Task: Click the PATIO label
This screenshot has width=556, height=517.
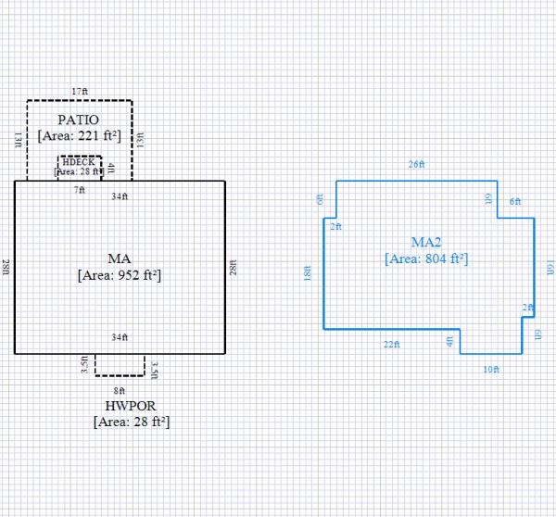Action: tap(80, 120)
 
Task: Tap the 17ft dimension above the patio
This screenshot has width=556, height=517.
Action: tap(80, 92)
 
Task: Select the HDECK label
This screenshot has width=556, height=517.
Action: tap(78, 162)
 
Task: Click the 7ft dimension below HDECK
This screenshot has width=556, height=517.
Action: tap(80, 189)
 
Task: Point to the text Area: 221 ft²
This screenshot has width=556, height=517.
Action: tap(80, 135)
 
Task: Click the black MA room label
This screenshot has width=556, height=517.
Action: tap(120, 256)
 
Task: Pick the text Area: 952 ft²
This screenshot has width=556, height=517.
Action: tap(120, 274)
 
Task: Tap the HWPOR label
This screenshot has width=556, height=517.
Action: tap(131, 406)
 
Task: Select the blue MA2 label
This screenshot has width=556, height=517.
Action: tap(426, 242)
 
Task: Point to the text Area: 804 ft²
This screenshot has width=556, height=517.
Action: tap(426, 259)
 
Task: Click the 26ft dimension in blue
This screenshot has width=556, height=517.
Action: tap(417, 164)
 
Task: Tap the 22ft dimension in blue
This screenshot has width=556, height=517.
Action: tap(391, 345)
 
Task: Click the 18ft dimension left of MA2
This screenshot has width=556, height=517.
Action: tap(307, 275)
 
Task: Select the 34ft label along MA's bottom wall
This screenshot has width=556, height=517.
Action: tap(120, 336)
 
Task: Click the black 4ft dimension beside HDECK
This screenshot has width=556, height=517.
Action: tap(111, 168)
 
